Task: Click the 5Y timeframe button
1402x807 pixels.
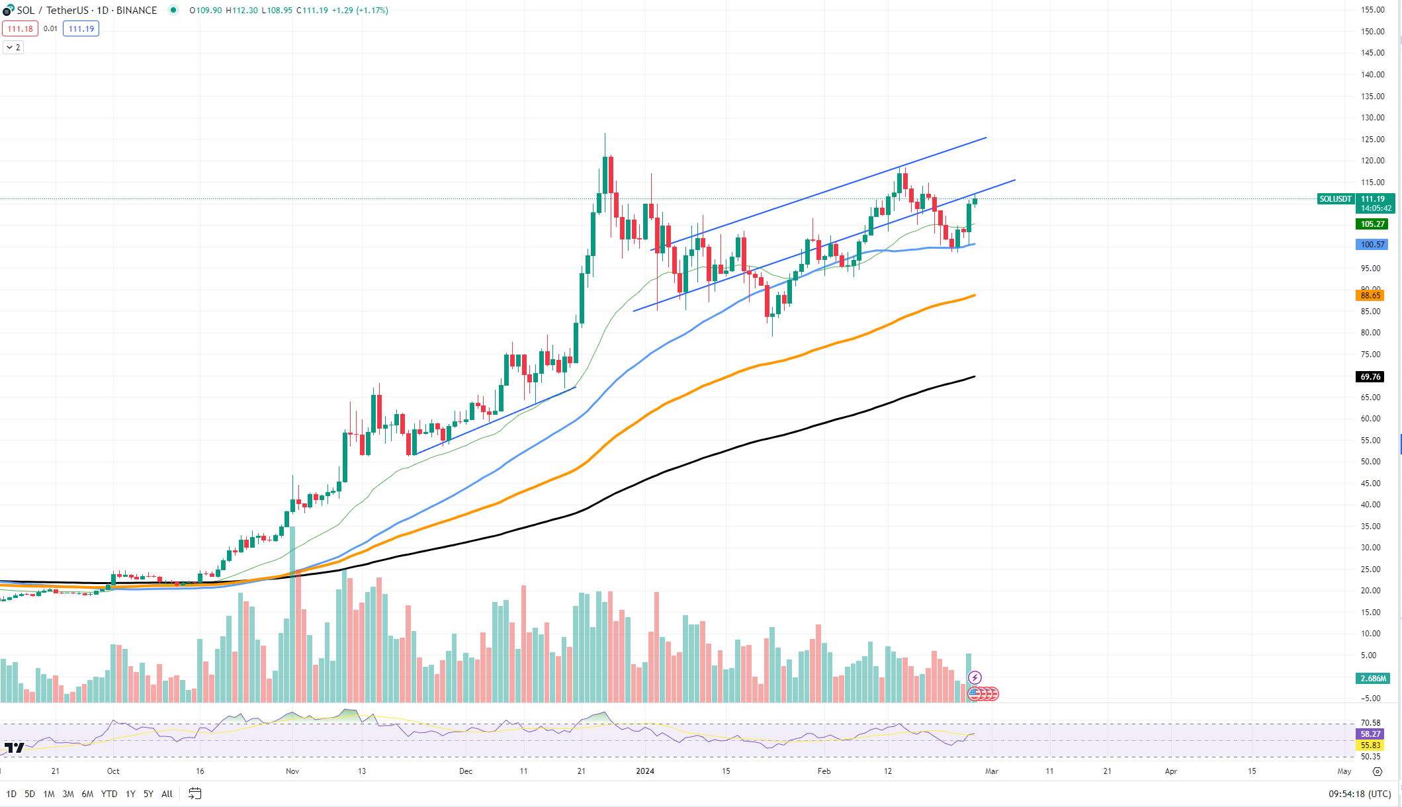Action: click(148, 794)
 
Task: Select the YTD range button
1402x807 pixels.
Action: click(109, 794)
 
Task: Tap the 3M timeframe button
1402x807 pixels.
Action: click(68, 794)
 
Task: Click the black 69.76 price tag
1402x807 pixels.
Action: click(1370, 377)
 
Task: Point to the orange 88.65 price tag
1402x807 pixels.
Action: click(1370, 295)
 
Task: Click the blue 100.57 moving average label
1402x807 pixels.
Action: click(1372, 245)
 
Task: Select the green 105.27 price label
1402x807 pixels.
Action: click(1372, 224)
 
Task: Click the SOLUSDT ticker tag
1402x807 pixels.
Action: click(1335, 199)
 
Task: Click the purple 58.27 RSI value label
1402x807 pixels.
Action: click(1370, 734)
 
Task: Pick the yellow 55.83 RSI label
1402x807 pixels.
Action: click(1370, 745)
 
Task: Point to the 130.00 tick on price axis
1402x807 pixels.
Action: click(1372, 118)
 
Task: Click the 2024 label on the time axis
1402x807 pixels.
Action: click(644, 771)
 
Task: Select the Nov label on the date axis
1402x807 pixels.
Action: click(292, 771)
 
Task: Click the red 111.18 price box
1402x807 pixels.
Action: click(20, 29)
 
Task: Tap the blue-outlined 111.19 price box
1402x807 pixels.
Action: click(81, 29)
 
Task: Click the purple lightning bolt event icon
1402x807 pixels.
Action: click(975, 677)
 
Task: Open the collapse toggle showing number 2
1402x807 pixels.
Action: click(13, 48)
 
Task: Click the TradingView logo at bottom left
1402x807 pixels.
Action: click(14, 748)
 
